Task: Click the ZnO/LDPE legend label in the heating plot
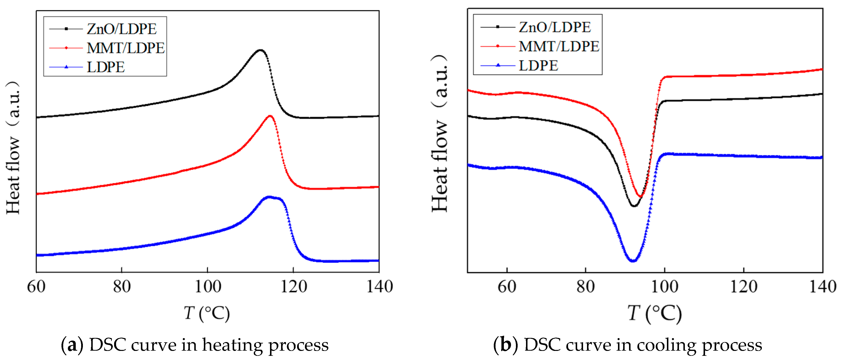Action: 121,29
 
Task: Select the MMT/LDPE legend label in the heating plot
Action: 125,48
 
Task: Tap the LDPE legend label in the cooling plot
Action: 538,66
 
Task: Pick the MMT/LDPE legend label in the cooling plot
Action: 559,46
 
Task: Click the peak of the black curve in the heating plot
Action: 260,50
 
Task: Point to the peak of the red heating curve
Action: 270,116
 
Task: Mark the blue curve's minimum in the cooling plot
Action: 633,261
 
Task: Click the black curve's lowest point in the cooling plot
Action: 634,206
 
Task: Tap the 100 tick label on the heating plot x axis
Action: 208,287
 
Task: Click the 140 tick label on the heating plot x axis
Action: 379,287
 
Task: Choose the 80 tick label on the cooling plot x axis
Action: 586,287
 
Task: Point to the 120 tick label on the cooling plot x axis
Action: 744,287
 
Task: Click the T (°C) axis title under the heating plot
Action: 207,313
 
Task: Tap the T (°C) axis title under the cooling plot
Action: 654,313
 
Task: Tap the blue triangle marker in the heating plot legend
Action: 66,67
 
